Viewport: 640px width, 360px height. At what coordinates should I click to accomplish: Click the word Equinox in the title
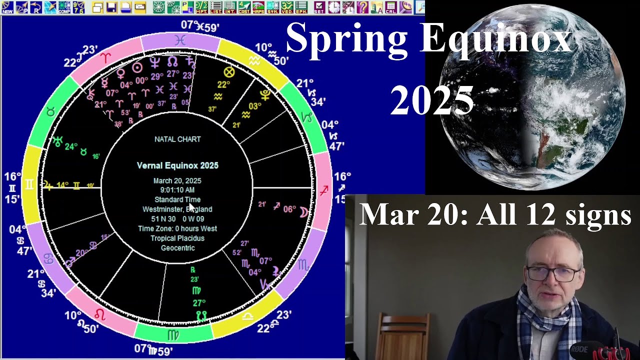pyautogui.click(x=495, y=39)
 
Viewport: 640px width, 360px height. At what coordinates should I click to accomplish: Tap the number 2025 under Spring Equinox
pyautogui.click(x=431, y=100)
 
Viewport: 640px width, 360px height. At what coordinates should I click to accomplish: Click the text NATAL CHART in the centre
pyautogui.click(x=177, y=139)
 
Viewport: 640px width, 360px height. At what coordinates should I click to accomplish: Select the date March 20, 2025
pyautogui.click(x=177, y=180)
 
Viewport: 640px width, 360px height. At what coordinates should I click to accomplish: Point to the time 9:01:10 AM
pyautogui.click(x=177, y=190)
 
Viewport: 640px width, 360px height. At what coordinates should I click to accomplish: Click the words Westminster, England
pyautogui.click(x=177, y=209)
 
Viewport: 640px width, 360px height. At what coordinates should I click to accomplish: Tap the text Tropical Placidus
pyautogui.click(x=177, y=238)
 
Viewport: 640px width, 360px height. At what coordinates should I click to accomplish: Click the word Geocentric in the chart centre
pyautogui.click(x=177, y=248)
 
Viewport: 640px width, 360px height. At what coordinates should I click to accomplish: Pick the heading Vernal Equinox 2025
pyautogui.click(x=177, y=165)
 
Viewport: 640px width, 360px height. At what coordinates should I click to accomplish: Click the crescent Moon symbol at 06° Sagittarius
pyautogui.click(x=304, y=212)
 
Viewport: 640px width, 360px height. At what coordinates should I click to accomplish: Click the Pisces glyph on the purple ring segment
pyautogui.click(x=180, y=40)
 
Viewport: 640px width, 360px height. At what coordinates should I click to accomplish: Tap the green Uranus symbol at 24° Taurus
pyautogui.click(x=58, y=142)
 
